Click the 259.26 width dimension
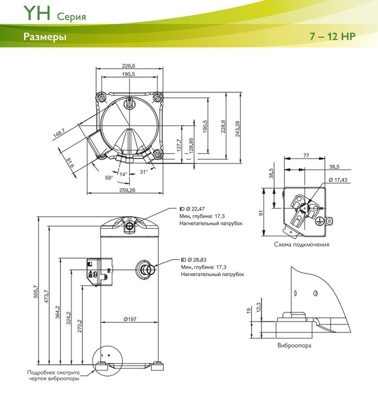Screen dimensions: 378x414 127,190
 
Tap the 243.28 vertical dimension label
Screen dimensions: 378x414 238,128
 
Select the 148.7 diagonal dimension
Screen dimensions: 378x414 59,133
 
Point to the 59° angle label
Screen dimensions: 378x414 109,178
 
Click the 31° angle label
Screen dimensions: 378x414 144,172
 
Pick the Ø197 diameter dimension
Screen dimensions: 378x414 130,319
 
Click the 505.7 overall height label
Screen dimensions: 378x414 36,292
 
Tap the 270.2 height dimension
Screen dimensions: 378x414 80,326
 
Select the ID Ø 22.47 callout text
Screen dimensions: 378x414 192,209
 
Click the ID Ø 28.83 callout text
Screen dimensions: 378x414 194,260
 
